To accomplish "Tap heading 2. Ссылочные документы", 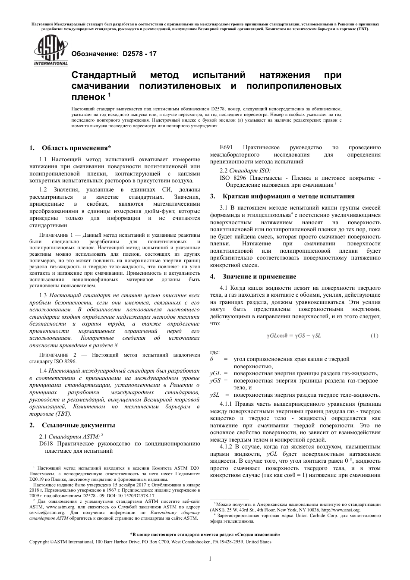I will click(72, 425).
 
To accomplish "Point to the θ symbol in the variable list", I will click(212, 359).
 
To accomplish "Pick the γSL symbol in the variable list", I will click(214, 395).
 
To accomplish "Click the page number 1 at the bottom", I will click(210, 559).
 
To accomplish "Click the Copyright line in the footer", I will click(150, 542).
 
